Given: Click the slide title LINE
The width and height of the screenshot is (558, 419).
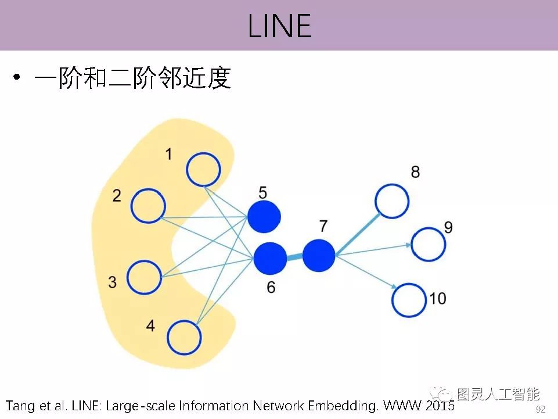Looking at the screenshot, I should (279, 26).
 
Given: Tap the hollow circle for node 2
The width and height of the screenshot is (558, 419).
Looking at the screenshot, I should (148, 206).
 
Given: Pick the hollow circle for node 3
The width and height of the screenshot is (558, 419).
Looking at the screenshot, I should (144, 277).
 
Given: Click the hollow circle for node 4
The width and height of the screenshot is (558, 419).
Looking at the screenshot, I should (185, 337).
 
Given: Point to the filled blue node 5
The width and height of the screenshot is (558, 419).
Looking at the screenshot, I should (264, 217).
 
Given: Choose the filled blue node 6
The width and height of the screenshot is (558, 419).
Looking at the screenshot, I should (270, 258).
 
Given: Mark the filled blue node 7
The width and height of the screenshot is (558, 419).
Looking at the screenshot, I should (319, 255).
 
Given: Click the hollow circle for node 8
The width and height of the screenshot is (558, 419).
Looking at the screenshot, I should (393, 201).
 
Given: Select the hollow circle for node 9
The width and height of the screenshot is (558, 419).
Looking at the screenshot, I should (429, 244).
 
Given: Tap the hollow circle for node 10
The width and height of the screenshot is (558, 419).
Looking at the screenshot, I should (409, 300).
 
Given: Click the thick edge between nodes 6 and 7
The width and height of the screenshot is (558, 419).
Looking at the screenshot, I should (294, 256).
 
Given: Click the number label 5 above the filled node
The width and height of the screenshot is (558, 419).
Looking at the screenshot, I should (262, 192).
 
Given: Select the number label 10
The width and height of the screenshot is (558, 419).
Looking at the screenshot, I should (438, 299).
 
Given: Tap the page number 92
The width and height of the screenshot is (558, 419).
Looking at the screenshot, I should (541, 409).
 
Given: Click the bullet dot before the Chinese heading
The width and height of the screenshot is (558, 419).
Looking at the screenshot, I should (17, 78).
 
